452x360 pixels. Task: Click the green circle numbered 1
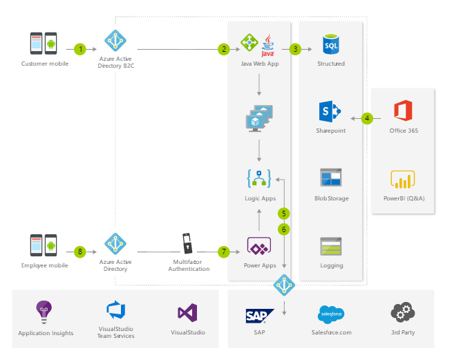point(81,49)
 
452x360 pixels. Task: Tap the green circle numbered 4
point(367,118)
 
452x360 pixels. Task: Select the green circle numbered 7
point(223,252)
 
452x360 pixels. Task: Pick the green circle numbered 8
point(81,252)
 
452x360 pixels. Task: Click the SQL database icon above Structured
point(330,44)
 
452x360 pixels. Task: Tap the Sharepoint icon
point(330,111)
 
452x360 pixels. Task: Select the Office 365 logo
point(403,111)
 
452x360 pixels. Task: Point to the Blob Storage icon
point(330,178)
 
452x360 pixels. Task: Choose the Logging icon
point(330,247)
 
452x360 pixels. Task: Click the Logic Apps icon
point(258,178)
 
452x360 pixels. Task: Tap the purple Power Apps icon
point(258,247)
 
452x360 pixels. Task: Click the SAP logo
point(259,316)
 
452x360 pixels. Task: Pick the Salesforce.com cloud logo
point(331,314)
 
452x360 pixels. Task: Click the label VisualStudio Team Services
point(115,332)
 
